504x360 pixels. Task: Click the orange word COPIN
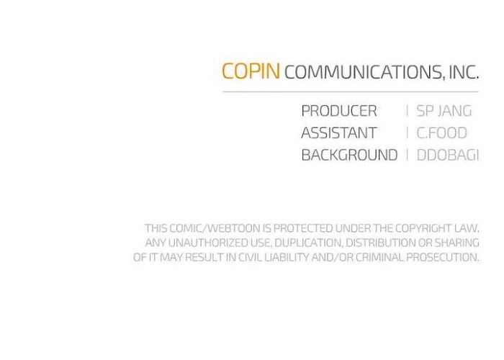(251, 71)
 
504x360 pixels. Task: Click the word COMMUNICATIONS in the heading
(363, 72)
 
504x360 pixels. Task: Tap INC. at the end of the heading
(464, 72)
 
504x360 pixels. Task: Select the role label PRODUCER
(339, 111)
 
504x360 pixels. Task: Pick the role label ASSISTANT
(339, 133)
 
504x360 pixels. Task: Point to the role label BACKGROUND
(349, 155)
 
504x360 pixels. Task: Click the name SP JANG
(444, 111)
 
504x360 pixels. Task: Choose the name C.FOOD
(441, 133)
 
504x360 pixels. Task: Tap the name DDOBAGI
(448, 155)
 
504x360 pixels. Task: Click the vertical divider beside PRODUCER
(408, 111)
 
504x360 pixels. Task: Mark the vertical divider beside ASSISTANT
(408, 133)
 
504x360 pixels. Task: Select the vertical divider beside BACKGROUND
(408, 155)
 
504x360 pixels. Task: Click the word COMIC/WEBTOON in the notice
(215, 228)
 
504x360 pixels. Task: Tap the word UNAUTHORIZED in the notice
(208, 243)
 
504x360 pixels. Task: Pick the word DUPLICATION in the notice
(309, 243)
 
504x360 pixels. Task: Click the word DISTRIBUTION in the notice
(381, 243)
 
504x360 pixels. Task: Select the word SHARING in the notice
(456, 243)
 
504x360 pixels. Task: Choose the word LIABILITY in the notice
(287, 258)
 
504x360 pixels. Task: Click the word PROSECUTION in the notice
(442, 258)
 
